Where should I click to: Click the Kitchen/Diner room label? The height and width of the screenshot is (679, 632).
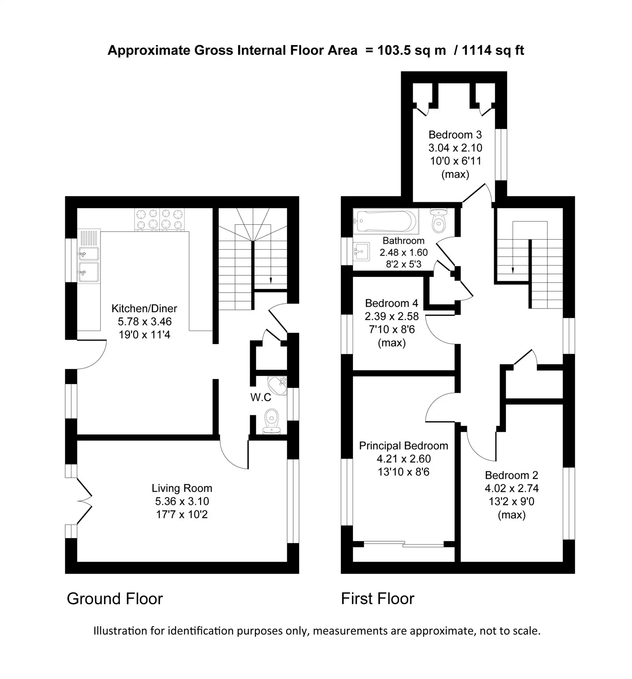144,308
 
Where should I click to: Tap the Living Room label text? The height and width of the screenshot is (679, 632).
182,489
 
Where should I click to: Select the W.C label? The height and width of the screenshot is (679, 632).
261,397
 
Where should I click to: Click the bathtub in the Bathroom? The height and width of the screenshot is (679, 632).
386,221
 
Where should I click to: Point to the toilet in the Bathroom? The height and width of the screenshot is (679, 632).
439,221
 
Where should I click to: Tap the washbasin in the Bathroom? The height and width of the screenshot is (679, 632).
361,252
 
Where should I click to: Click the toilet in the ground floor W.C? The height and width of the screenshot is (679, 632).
272,421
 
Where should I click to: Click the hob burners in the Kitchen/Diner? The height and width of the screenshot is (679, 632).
159,219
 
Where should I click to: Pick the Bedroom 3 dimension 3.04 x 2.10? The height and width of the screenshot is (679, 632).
455,148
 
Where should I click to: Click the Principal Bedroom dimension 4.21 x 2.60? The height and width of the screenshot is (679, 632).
403,459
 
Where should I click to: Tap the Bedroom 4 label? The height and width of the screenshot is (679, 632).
391,303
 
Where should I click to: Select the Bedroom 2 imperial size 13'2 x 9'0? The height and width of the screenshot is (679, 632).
511,501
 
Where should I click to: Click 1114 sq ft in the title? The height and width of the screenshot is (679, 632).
493,51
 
